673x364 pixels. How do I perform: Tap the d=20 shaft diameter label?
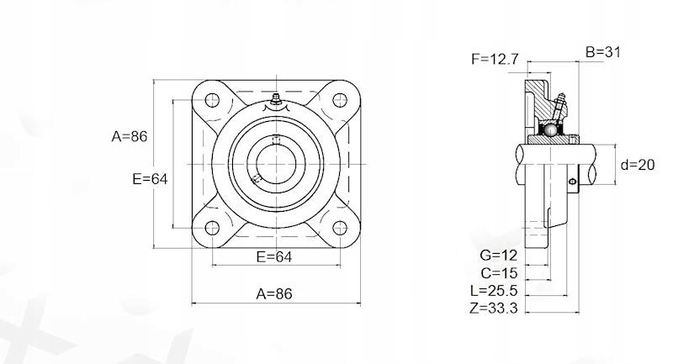pos(637,165)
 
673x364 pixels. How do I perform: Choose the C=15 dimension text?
pos(497,273)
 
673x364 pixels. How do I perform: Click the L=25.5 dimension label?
pos(494,290)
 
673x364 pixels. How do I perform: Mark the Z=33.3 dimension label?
pos(494,309)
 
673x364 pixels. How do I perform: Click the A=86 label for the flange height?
pos(130,136)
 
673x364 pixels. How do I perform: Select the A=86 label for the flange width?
pos(273,293)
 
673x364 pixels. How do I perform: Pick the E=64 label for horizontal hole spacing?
pos(273,256)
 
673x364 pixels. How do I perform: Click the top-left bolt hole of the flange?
pos(212,100)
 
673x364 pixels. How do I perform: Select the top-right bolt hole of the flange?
pos(340,100)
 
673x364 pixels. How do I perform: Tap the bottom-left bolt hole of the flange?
pos(212,228)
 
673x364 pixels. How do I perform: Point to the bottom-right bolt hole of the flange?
pos(340,228)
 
